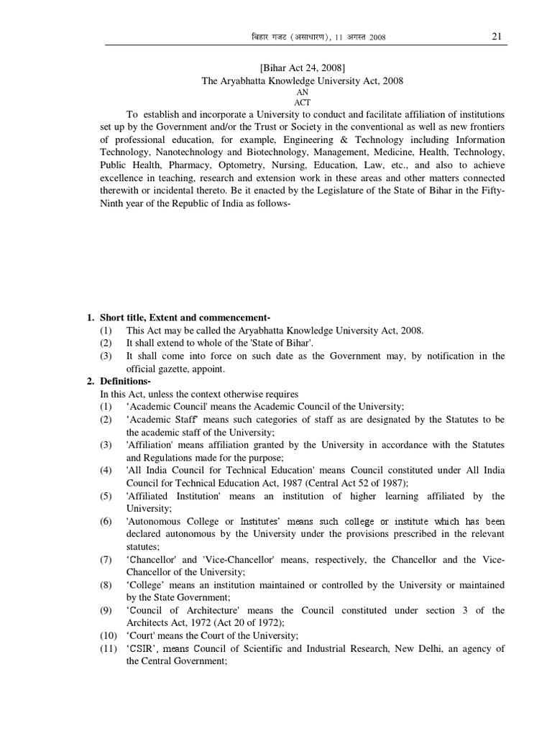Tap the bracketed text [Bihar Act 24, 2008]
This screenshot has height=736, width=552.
coord(302,68)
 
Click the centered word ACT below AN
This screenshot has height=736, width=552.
coord(302,103)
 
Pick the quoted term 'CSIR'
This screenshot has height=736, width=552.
coord(143,649)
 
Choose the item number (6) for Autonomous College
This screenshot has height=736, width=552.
coord(106,521)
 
